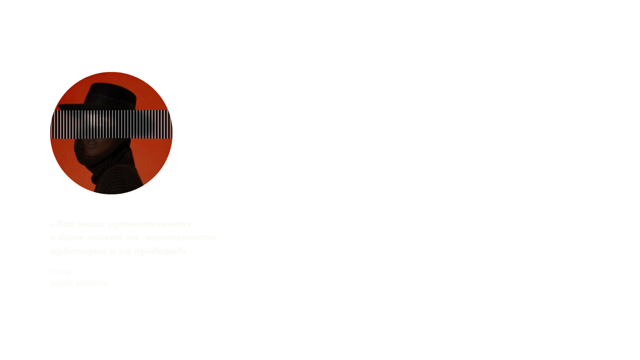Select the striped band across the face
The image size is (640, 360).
click(x=111, y=124)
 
